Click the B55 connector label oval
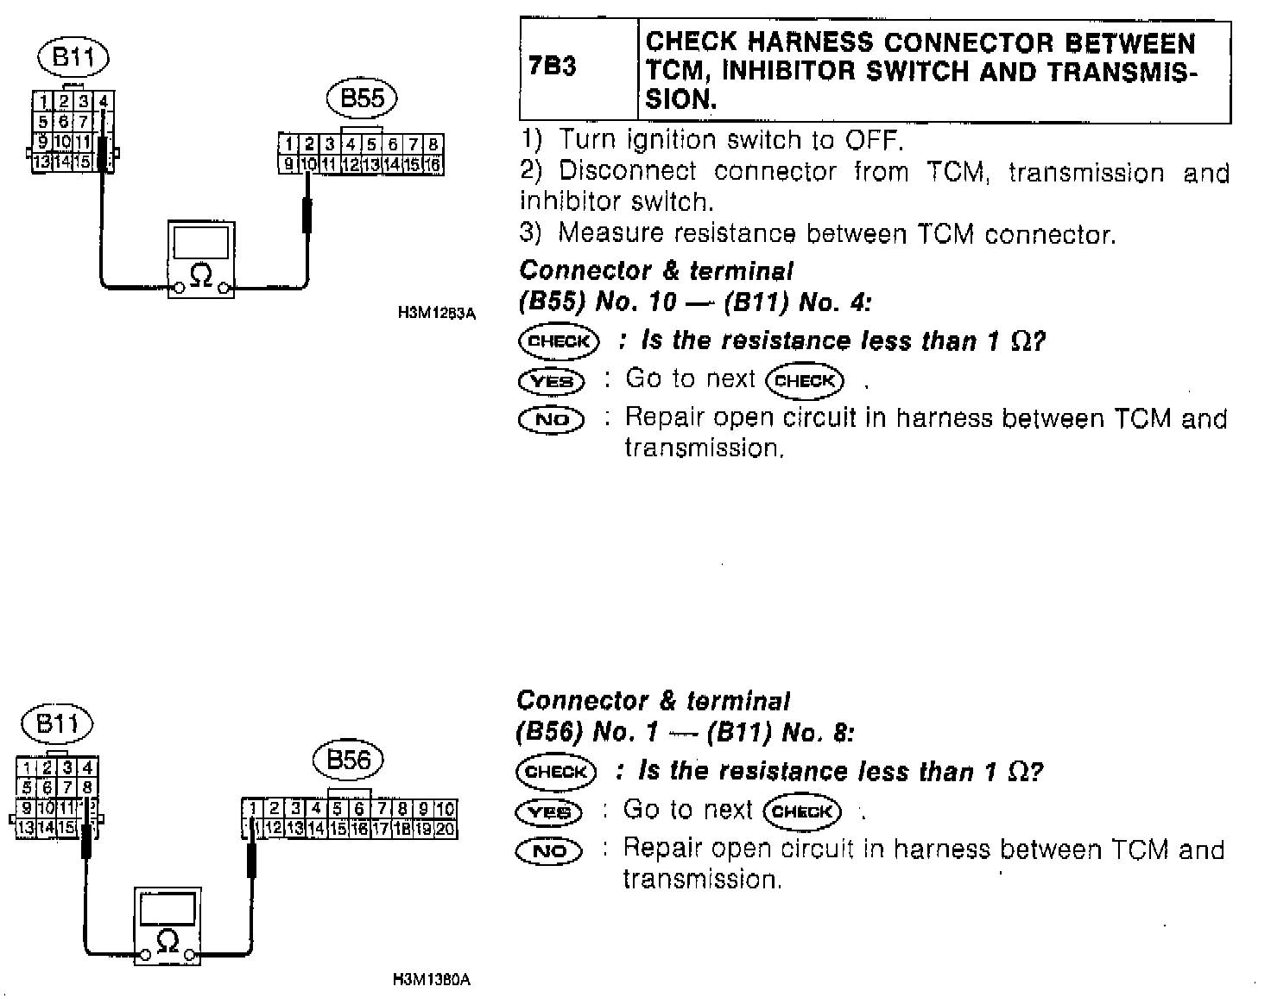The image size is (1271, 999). click(x=362, y=99)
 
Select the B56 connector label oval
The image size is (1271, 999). click(x=348, y=760)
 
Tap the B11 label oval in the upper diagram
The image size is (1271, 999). click(x=73, y=59)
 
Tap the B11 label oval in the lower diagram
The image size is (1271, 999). click(x=58, y=723)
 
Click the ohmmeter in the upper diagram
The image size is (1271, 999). click(x=201, y=259)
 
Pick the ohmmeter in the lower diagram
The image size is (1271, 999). click(x=168, y=926)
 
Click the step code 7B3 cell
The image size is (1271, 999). click(x=553, y=67)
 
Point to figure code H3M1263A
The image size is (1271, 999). click(x=436, y=314)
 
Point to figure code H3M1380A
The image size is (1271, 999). click(x=431, y=980)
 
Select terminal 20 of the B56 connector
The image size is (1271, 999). click(x=446, y=829)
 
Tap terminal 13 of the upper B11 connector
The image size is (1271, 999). click(x=41, y=162)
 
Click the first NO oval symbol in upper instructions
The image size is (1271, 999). click(x=552, y=420)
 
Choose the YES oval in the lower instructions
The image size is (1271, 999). click(x=549, y=812)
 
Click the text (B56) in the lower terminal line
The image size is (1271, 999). click(x=547, y=734)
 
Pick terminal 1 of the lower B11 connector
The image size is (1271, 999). click(x=28, y=767)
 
